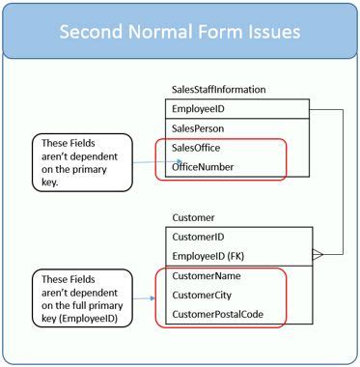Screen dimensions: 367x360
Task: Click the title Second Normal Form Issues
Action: tap(180, 31)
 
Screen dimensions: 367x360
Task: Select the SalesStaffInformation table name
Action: tap(218, 90)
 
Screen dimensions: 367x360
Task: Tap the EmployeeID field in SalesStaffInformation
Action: tap(199, 109)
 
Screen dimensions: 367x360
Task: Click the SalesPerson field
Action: tap(198, 128)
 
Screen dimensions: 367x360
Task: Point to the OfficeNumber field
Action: tap(204, 167)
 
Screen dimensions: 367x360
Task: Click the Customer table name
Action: tap(193, 217)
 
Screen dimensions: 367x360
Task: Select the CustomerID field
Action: tap(198, 236)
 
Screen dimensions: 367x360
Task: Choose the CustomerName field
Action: tap(207, 276)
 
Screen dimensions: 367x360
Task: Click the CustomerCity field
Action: tap(203, 296)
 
